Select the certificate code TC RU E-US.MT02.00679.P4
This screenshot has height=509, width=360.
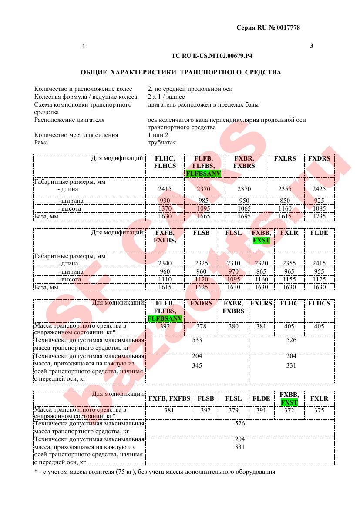[x=212, y=56]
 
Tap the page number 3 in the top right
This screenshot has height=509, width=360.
[x=311, y=46]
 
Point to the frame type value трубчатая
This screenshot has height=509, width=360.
[x=162, y=142]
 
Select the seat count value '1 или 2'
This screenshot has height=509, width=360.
[x=158, y=135]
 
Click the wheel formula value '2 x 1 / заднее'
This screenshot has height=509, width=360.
[x=166, y=97]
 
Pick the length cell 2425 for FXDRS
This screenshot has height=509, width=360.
[x=319, y=189]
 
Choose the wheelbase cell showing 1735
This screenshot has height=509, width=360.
[x=319, y=216]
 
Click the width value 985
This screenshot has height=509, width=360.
[x=203, y=201]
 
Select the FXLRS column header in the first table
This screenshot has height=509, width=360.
[x=285, y=158]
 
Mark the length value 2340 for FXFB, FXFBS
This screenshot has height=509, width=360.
[x=165, y=263]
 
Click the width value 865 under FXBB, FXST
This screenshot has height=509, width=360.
[x=262, y=271]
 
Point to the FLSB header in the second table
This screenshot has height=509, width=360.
[x=202, y=233]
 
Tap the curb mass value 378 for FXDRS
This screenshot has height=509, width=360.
[x=201, y=326]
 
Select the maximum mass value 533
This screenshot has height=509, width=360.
[x=197, y=340]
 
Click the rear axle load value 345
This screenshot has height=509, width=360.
[x=197, y=365]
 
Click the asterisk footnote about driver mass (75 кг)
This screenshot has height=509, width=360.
[x=155, y=472]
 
